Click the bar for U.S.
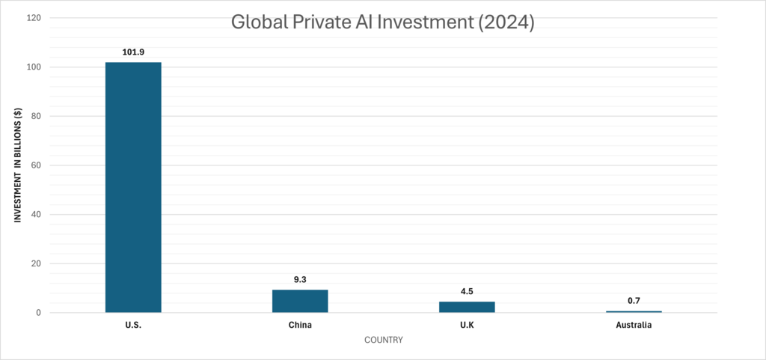pyautogui.click(x=133, y=187)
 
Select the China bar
pyautogui.click(x=300, y=301)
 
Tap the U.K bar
pyautogui.click(x=467, y=307)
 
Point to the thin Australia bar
pyautogui.click(x=634, y=311)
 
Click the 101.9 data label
pyautogui.click(x=133, y=52)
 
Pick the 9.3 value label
pyautogui.click(x=300, y=279)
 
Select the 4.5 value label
pyautogui.click(x=467, y=291)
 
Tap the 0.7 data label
pyautogui.click(x=634, y=300)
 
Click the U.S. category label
pyautogui.click(x=133, y=326)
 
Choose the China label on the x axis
pyautogui.click(x=300, y=326)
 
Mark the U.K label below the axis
pyautogui.click(x=467, y=326)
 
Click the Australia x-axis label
pyautogui.click(x=634, y=326)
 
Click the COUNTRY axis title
pyautogui.click(x=384, y=341)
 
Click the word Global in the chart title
pyautogui.click(x=255, y=23)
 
